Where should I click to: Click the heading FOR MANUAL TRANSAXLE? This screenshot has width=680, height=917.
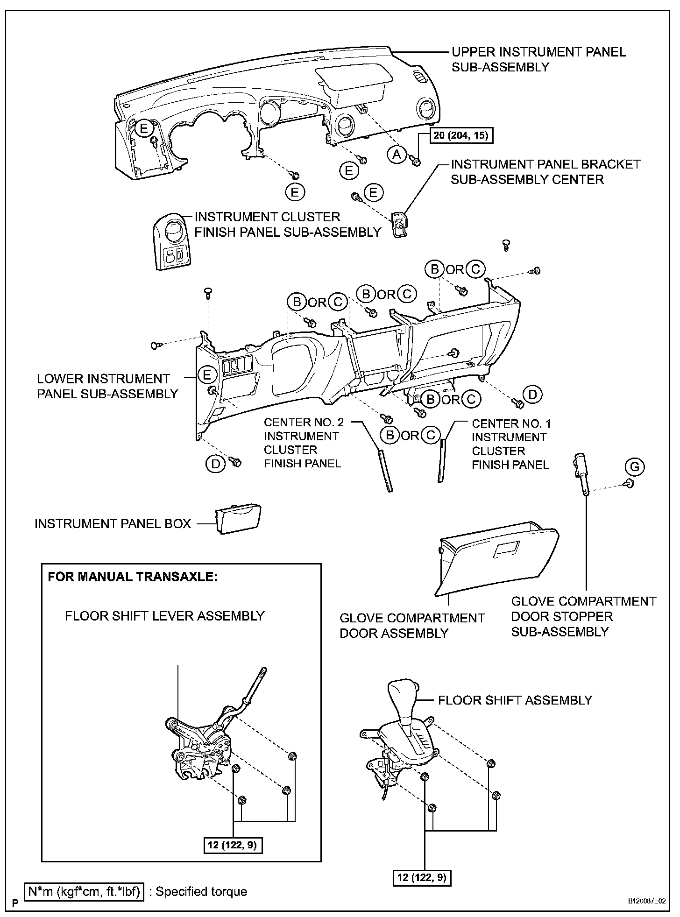[x=133, y=577]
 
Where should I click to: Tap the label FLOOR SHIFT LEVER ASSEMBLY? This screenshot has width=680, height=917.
[x=164, y=616]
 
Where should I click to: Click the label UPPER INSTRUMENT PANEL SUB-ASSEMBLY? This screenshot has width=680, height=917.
[x=538, y=59]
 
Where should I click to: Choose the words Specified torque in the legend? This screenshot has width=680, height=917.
[x=201, y=892]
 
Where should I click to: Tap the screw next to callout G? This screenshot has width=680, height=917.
[x=629, y=484]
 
